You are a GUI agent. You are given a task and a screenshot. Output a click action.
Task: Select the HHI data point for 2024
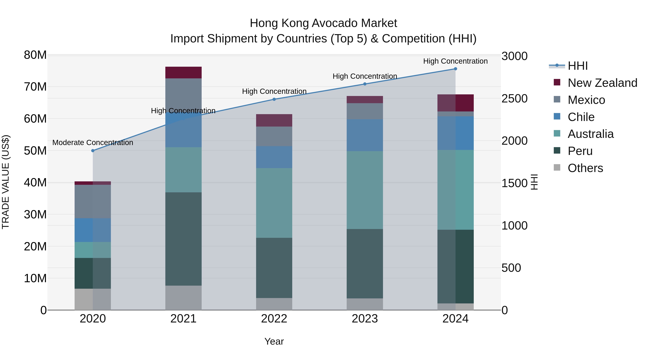point(455,69)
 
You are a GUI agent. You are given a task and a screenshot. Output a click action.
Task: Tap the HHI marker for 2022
point(274,99)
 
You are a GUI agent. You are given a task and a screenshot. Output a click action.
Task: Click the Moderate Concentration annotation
point(93,142)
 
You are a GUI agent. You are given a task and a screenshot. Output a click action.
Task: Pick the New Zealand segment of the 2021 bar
point(183,73)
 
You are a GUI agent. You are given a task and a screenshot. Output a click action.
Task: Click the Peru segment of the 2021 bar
point(183,239)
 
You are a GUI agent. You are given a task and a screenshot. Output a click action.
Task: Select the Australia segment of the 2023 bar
point(365,190)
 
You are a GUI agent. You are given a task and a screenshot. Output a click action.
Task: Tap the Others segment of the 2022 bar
point(274,304)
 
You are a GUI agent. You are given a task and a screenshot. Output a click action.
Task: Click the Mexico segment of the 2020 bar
point(93,202)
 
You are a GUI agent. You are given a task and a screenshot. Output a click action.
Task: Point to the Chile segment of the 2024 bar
point(455,133)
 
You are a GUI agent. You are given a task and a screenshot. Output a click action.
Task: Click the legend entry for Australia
point(590,134)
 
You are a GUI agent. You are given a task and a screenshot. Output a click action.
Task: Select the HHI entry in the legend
point(577,66)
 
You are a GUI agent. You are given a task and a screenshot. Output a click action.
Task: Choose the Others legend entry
point(585,168)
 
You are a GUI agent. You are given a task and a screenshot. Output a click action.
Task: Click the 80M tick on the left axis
point(35,55)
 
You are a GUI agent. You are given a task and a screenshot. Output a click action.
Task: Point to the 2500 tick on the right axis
point(514,99)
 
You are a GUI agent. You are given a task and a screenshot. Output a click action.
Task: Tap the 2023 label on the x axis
point(365,319)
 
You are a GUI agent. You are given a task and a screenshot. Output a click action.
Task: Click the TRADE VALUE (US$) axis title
point(6,182)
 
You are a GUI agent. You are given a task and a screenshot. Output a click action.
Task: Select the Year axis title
point(274,341)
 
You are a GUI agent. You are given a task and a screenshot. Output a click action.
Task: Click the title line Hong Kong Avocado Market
point(323,23)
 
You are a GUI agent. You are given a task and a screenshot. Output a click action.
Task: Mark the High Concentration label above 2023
point(365,76)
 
